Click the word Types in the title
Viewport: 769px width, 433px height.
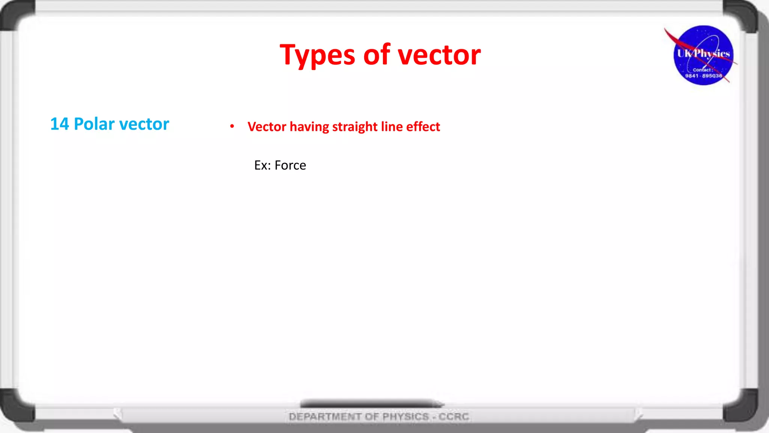(317, 55)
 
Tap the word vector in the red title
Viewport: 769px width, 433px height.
(439, 55)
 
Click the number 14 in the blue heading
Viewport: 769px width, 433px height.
(59, 124)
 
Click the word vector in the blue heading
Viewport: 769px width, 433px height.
(144, 124)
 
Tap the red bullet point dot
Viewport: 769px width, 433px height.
(232, 126)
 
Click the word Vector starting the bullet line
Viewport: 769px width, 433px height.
(267, 127)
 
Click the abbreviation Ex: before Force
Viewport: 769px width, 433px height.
(262, 165)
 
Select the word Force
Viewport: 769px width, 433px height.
(290, 165)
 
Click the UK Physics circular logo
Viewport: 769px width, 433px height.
(703, 55)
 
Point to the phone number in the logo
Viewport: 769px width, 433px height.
(703, 76)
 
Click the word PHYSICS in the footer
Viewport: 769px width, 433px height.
(406, 416)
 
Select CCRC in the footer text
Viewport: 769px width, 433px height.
(454, 416)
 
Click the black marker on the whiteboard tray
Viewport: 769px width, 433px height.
(372, 404)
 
